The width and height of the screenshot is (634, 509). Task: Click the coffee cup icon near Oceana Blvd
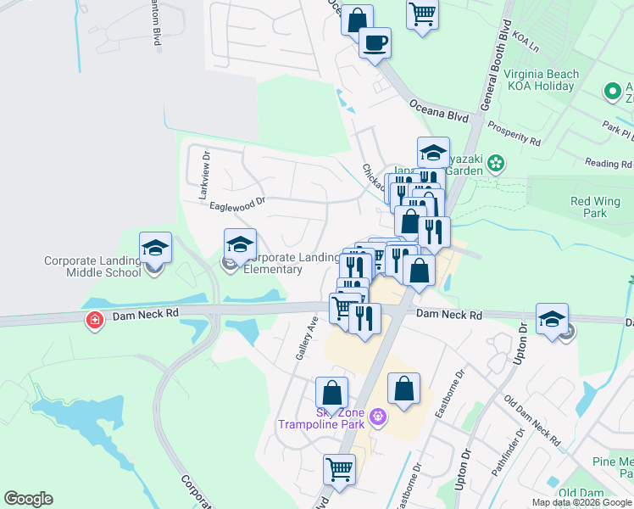click(374, 42)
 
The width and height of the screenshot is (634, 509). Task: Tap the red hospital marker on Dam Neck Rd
click(94, 321)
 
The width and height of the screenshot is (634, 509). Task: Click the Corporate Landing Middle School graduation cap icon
click(156, 248)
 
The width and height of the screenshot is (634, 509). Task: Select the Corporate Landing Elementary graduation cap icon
click(240, 244)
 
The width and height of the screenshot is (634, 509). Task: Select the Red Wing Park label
click(595, 207)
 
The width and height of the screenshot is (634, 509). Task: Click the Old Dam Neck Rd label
click(532, 421)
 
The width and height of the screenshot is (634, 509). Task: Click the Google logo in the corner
click(28, 499)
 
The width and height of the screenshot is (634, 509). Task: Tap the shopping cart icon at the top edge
click(422, 14)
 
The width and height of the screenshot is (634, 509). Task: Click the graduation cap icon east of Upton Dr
click(553, 320)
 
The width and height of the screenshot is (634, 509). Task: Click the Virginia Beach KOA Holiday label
click(542, 80)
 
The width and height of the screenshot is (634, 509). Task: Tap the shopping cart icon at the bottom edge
click(339, 467)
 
